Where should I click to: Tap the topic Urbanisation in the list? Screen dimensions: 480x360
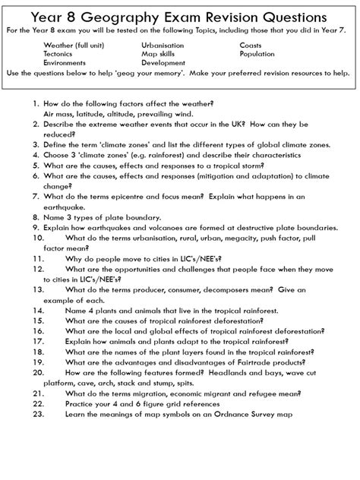click(x=163, y=46)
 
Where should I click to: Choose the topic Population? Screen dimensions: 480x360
click(x=258, y=55)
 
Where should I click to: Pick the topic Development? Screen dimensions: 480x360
click(x=163, y=64)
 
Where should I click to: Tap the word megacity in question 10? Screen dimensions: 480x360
click(x=232, y=237)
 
